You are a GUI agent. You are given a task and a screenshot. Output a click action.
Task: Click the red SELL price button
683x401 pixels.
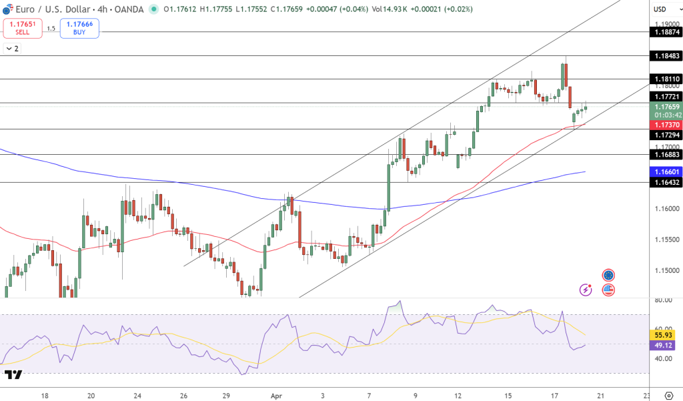point(22,28)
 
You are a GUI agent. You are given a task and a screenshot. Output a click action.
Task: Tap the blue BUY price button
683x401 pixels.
point(79,28)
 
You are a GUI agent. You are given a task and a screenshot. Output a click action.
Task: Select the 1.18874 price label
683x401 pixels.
point(666,32)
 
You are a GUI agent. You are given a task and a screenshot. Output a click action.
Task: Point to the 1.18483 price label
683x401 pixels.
point(666,56)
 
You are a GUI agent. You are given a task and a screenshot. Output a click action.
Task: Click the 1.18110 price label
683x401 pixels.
point(666,79)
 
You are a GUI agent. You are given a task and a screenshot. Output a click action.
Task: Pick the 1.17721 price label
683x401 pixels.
point(666,97)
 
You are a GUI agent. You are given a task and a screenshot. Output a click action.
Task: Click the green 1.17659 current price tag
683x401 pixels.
point(666,107)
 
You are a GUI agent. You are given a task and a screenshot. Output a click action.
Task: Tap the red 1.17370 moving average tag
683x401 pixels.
point(666,125)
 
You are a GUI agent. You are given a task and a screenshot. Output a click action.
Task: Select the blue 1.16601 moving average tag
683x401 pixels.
point(666,171)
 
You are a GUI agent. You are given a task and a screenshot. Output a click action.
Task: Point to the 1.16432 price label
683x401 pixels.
point(666,182)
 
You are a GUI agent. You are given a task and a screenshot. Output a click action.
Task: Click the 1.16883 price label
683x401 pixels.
point(666,155)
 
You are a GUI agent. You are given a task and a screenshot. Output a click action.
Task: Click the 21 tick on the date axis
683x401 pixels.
point(600,395)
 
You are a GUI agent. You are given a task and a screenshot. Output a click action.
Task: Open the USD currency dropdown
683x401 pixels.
point(660,9)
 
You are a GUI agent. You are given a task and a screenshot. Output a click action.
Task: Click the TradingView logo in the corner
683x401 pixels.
point(13,375)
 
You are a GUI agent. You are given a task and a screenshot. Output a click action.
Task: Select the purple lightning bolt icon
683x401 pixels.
point(586,290)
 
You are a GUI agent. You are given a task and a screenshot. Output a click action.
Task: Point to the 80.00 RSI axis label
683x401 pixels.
point(663,300)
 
